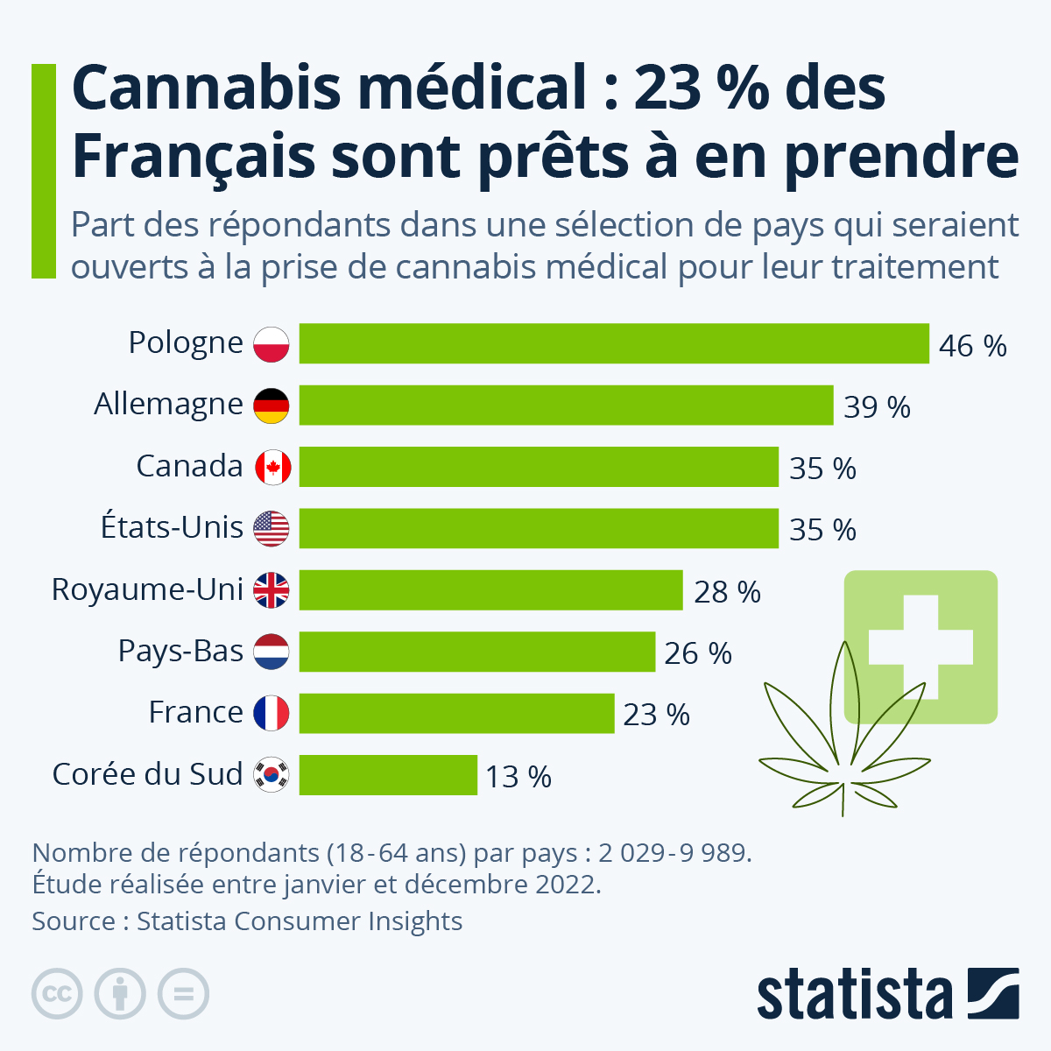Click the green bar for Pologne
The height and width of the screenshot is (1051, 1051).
(x=613, y=343)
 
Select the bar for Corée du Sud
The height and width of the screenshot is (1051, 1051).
(x=388, y=775)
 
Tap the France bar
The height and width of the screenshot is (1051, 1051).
(x=456, y=714)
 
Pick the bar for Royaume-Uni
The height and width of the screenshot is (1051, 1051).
(x=490, y=590)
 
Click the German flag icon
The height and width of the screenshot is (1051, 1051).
(x=272, y=406)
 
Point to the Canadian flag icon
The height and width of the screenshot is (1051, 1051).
(x=272, y=468)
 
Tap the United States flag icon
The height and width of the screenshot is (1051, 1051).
(x=272, y=529)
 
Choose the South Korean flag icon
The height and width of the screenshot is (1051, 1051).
(x=272, y=775)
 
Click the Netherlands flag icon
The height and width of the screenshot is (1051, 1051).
(x=272, y=652)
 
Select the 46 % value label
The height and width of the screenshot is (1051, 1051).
(x=972, y=346)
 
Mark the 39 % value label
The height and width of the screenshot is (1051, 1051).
(x=877, y=407)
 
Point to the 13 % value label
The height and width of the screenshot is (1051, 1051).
(x=518, y=777)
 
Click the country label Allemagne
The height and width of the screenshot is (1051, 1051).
(x=168, y=405)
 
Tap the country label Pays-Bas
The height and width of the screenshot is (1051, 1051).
(x=180, y=652)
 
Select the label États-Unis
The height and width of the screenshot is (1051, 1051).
(x=172, y=528)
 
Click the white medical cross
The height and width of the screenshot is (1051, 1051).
(x=921, y=647)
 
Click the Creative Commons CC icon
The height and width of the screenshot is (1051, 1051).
(x=57, y=994)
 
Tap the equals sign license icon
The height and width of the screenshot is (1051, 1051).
(x=184, y=994)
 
